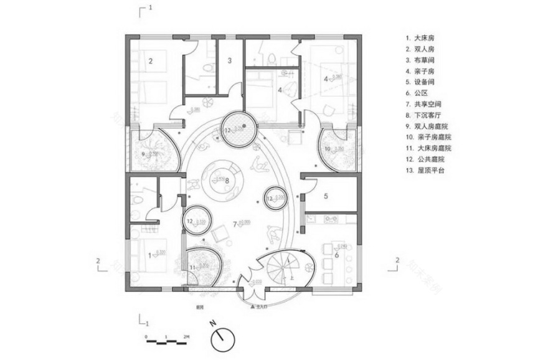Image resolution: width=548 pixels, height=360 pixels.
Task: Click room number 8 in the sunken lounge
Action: click(x=227, y=181)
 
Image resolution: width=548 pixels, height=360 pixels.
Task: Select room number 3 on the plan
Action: click(x=230, y=61)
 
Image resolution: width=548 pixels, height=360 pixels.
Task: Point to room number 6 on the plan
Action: click(x=337, y=253)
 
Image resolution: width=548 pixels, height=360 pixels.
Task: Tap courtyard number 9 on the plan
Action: click(x=143, y=154)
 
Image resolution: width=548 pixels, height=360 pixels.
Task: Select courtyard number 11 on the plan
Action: click(x=192, y=267)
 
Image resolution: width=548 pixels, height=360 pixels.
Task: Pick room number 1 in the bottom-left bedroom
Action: click(x=149, y=255)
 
